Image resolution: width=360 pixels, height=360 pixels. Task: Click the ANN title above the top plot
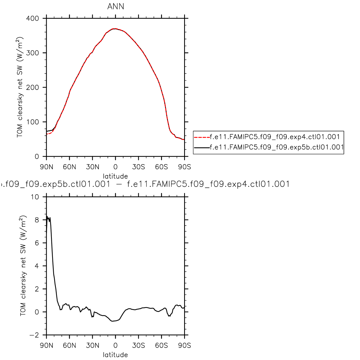pyautogui.click(x=116, y=6)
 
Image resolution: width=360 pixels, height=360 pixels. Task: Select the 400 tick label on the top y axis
pyautogui.click(x=33, y=18)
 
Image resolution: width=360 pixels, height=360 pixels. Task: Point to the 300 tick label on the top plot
pyautogui.click(x=33, y=53)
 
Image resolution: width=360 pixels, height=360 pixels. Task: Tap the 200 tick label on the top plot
pyautogui.click(x=33, y=87)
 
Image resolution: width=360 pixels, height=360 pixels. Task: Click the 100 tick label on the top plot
pyautogui.click(x=33, y=122)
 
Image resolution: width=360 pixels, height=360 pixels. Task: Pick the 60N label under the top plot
pyautogui.click(x=69, y=167)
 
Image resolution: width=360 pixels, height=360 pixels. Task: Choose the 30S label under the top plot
pyautogui.click(x=138, y=167)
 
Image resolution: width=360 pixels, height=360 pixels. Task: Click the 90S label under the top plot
pyautogui.click(x=185, y=167)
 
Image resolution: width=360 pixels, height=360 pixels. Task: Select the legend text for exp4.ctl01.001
pyautogui.click(x=275, y=137)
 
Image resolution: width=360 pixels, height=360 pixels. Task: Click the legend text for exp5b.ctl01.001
pyautogui.click(x=277, y=147)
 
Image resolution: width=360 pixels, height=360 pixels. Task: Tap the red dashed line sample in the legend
pyautogui.click(x=202, y=137)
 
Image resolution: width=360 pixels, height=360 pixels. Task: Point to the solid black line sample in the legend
pyautogui.click(x=202, y=147)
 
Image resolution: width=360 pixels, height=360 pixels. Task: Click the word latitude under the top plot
pyautogui.click(x=115, y=176)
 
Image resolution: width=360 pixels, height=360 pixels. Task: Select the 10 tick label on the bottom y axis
pyautogui.click(x=35, y=197)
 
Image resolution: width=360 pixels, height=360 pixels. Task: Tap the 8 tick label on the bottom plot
pyautogui.click(x=37, y=220)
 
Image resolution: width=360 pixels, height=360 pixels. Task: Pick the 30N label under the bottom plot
pyautogui.click(x=92, y=346)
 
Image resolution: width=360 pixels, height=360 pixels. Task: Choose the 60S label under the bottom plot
pyautogui.click(x=161, y=346)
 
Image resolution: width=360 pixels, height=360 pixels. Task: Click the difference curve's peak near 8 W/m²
pyautogui.click(x=47, y=217)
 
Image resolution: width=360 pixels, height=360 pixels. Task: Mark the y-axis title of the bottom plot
pyautogui.click(x=23, y=266)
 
